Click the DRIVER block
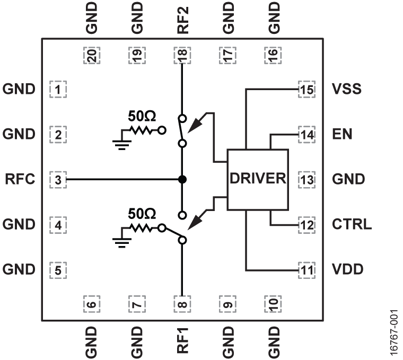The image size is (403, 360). click(x=258, y=179)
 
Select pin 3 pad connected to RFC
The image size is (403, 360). click(x=58, y=180)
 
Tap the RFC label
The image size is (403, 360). click(x=20, y=179)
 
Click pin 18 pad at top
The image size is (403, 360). click(x=182, y=55)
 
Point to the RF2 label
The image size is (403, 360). click(x=182, y=19)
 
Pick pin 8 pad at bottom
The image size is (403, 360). click(x=182, y=304)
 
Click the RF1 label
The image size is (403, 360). click(x=182, y=341)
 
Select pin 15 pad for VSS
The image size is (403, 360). click(x=306, y=89)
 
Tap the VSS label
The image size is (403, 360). click(x=347, y=89)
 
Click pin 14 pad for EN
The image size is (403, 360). click(x=306, y=134)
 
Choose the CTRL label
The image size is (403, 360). click(x=352, y=224)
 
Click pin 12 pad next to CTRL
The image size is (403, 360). click(x=306, y=224)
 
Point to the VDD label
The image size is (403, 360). click(x=347, y=269)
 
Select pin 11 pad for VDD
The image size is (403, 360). click(x=306, y=269)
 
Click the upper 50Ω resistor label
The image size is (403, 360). click(x=142, y=115)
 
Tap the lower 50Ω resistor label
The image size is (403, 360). click(x=142, y=214)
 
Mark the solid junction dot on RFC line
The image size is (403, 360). click(x=182, y=180)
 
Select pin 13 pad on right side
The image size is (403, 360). click(x=306, y=179)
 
